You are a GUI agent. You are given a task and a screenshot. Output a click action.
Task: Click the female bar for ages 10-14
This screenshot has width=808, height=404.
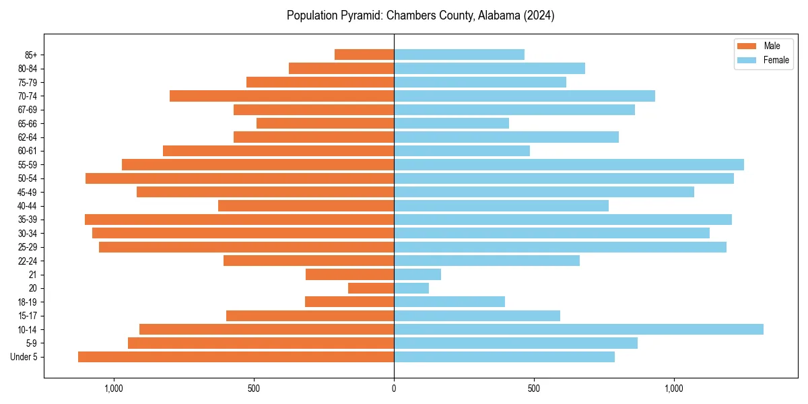point(578,329)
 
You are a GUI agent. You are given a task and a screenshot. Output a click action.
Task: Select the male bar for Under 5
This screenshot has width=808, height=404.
point(236,357)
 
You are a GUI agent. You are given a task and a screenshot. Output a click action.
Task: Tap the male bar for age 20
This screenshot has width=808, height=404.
point(371,288)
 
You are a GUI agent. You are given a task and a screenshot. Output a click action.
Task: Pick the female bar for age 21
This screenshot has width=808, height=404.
point(417,275)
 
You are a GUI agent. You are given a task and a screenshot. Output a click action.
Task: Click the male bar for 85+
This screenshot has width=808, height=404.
point(364,55)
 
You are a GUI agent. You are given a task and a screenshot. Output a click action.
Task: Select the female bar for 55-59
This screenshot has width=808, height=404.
point(569,164)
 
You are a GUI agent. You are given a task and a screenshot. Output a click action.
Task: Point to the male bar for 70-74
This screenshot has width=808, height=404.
point(281,96)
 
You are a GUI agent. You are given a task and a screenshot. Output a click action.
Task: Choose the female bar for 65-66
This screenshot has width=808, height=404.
point(451,123)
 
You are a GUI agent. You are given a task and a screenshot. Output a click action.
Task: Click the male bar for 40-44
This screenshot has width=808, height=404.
point(306,205)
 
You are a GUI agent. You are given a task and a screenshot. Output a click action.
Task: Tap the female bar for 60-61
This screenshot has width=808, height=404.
point(462,151)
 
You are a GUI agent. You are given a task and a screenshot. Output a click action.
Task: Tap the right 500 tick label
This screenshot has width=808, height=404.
point(534,389)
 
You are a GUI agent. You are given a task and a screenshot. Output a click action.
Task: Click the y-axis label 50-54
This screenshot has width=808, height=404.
point(28,178)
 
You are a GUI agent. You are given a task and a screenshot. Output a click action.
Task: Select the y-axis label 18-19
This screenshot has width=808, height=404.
point(28,302)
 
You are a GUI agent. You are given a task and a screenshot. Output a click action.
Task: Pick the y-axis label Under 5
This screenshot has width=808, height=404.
point(24,357)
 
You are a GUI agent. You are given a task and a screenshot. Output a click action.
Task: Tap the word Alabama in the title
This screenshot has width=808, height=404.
point(497,15)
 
